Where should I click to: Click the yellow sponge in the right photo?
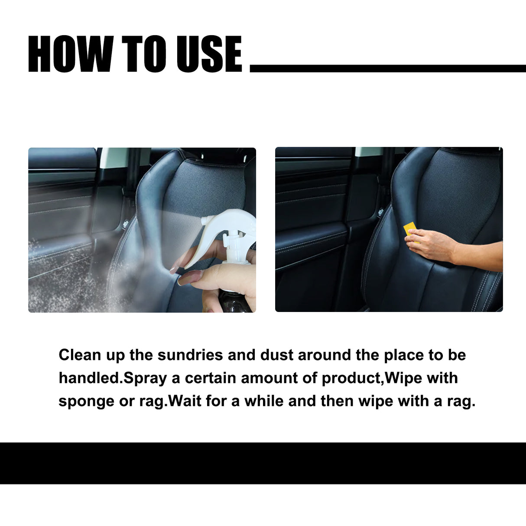click(410, 228)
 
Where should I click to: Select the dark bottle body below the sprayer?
click(234, 301)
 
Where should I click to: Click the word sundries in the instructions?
click(190, 355)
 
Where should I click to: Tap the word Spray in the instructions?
click(146, 378)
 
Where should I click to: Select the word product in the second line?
click(351, 378)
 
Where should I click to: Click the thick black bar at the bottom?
click(263, 463)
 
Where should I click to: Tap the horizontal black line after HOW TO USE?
click(388, 68)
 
